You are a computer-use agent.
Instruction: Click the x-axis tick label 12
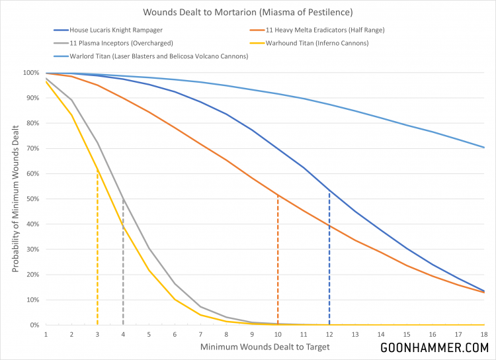pyautogui.click(x=329, y=334)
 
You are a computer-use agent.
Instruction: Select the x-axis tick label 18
pyautogui.click(x=484, y=334)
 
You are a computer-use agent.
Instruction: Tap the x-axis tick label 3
pyautogui.click(x=97, y=334)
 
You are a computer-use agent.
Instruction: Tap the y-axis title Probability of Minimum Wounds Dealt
pyautogui.click(x=15, y=199)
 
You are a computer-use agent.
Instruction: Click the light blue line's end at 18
pyautogui.click(x=484, y=148)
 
